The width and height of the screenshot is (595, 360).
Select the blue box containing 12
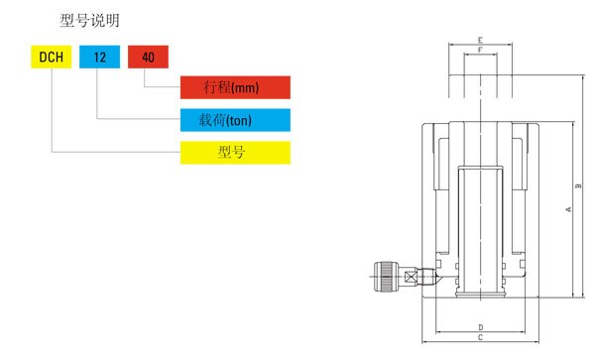(x=98, y=58)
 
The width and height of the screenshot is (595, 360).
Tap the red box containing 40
(x=148, y=58)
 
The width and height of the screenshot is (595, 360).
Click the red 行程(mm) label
(x=234, y=88)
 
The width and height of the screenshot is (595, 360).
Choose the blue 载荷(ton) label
(x=234, y=120)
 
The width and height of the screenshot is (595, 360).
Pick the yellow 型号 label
(x=234, y=152)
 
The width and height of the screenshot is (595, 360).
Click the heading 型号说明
(x=90, y=20)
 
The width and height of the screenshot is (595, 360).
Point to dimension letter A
(x=568, y=209)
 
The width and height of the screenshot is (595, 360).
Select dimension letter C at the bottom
(x=480, y=338)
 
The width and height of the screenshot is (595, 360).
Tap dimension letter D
(x=480, y=326)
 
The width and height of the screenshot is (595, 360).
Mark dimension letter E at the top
(x=480, y=39)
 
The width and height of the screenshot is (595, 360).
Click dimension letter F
(x=480, y=50)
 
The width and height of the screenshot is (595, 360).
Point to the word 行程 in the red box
(x=217, y=88)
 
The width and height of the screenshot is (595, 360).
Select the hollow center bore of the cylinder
(x=480, y=228)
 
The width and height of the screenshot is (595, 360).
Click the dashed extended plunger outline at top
(x=480, y=79)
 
